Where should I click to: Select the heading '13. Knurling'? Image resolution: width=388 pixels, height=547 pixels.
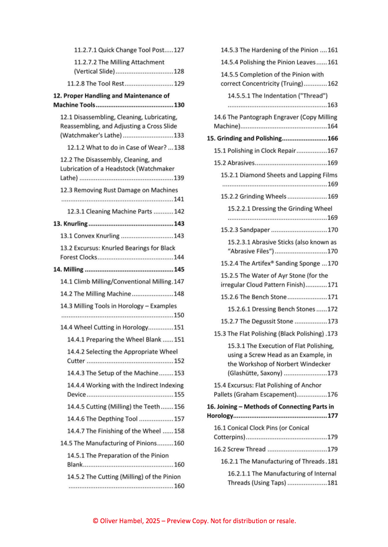click(70, 223)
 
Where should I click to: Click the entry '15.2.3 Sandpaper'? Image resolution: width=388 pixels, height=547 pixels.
click(245, 230)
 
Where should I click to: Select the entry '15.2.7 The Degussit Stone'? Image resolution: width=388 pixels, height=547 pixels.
click(257, 321)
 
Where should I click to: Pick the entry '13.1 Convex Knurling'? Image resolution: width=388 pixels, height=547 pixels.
click(90, 236)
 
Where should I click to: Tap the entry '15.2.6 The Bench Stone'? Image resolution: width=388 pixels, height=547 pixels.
click(254, 297)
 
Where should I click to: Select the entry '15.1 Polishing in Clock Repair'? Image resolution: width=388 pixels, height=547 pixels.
click(254, 151)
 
